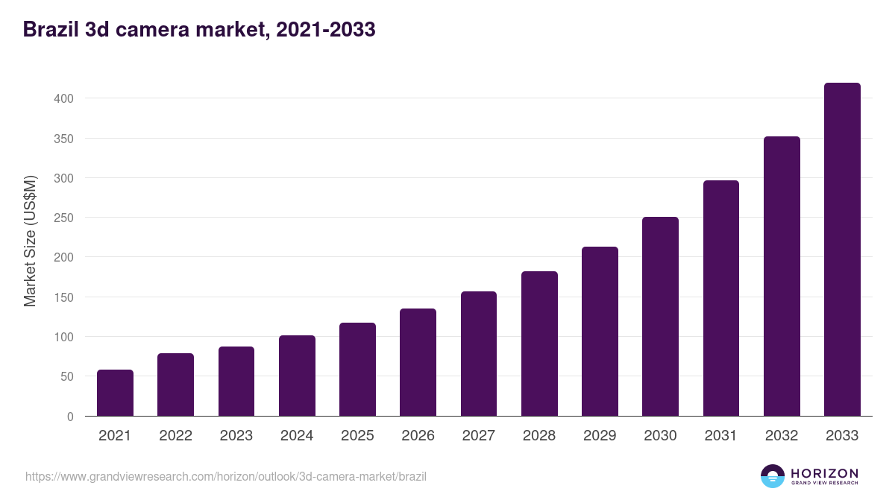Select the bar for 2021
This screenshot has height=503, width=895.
pyautogui.click(x=115, y=393)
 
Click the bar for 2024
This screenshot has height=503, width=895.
pyautogui.click(x=297, y=376)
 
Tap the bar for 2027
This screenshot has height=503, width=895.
pyautogui.click(x=479, y=354)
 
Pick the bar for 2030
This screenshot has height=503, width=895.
pyautogui.click(x=660, y=317)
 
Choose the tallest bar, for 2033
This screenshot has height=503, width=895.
pyautogui.click(x=842, y=250)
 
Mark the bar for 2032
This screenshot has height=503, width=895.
pyautogui.click(x=782, y=276)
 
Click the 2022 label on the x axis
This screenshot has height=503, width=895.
pyautogui.click(x=175, y=435)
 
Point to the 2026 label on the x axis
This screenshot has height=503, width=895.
pyautogui.click(x=418, y=435)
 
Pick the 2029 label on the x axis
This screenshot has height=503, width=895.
pyautogui.click(x=600, y=435)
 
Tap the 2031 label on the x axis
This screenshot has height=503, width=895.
pyautogui.click(x=720, y=435)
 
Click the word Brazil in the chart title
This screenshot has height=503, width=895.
pyautogui.click(x=48, y=30)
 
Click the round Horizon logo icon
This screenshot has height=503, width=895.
pyautogui.click(x=773, y=476)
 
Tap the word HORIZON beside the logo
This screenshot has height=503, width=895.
pyautogui.click(x=824, y=473)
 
